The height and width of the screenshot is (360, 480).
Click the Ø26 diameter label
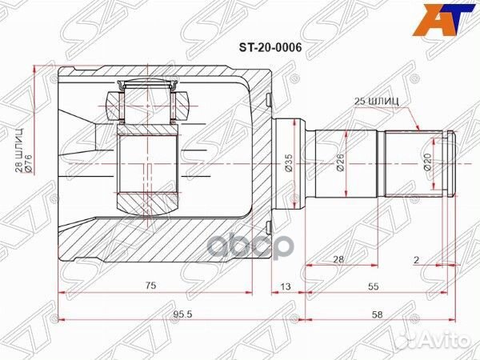click(x=340, y=166)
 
